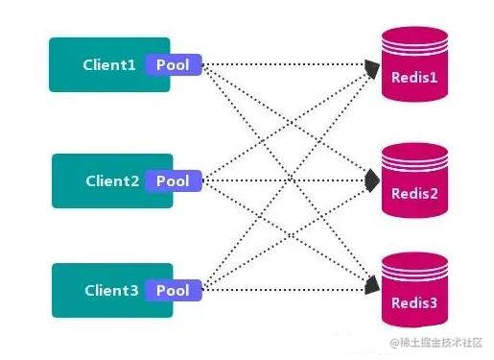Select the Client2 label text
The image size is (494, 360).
pos(112,180)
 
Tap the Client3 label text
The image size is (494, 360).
pos(112,291)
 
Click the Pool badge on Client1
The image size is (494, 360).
pos(174,66)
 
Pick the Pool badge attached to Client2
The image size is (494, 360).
pos(174,180)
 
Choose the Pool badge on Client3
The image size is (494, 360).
pos(174,291)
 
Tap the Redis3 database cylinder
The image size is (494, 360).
pos(414,291)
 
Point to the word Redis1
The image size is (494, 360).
pos(414,77)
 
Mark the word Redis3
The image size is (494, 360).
pos(414,303)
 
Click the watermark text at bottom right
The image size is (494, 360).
pos(437,342)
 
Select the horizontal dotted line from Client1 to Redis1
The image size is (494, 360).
pos(288,66)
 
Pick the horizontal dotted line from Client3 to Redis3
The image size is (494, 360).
pos(288,288)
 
